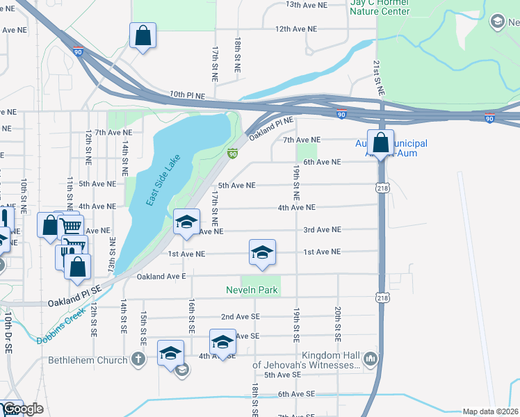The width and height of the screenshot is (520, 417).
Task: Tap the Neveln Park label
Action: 251,290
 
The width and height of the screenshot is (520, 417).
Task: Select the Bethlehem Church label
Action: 88,360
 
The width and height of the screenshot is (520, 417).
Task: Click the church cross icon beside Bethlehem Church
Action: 138,359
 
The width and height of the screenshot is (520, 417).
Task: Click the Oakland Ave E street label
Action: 161,276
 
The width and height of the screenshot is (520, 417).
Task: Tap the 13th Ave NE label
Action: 306,5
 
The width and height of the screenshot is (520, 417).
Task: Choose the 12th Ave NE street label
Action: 295,29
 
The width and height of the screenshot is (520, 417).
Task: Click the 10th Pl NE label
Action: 187,95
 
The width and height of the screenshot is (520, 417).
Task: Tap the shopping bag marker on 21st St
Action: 380,143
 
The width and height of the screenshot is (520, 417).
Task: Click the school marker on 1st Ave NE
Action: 263,253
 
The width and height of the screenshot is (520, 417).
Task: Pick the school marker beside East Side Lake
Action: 186,222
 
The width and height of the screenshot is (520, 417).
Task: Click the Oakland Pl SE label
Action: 74,303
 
